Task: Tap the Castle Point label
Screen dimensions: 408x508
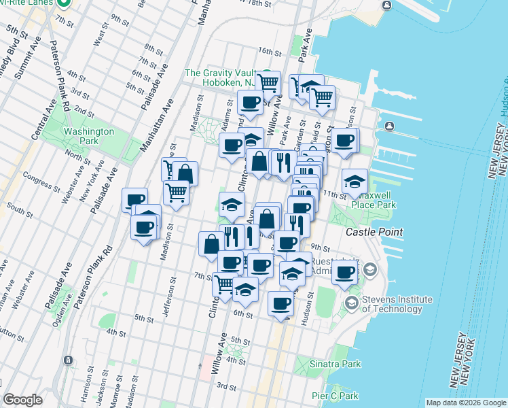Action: (374, 232)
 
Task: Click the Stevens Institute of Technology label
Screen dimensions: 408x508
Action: (397, 304)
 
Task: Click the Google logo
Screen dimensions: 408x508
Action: (22, 400)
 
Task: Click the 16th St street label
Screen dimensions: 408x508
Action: (270, 52)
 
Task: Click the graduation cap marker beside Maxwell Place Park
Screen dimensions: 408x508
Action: (355, 182)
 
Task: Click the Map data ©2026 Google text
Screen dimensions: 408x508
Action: (465, 403)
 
